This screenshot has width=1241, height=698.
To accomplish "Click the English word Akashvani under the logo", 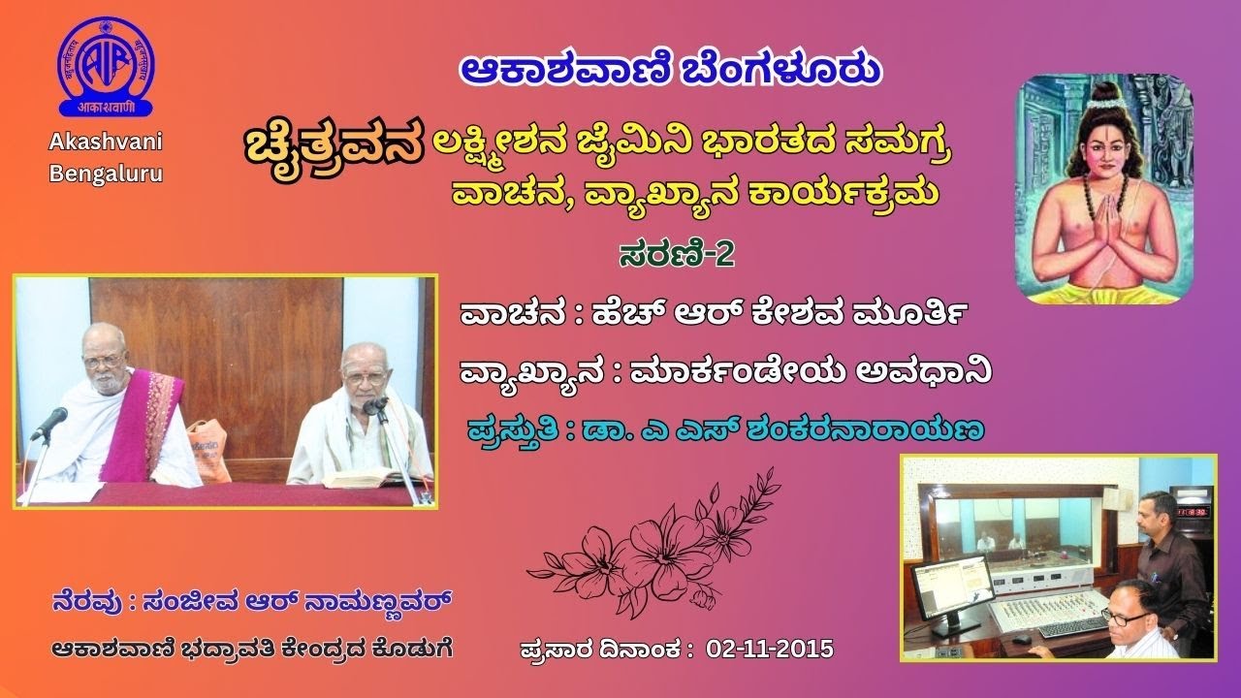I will (107, 143).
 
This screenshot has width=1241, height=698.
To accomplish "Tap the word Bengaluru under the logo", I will (107, 174).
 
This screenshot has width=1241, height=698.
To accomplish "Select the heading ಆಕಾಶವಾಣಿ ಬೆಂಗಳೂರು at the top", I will (670, 70).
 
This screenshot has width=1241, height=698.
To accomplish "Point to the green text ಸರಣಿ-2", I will (677, 254).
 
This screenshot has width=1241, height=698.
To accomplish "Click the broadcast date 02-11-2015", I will (770, 649).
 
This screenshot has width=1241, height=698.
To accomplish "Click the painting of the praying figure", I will (1103, 189).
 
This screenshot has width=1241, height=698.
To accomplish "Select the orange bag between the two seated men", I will (207, 448).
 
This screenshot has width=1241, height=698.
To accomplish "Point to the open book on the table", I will (361, 477).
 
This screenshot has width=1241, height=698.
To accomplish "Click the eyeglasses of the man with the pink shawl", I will (104, 361).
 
